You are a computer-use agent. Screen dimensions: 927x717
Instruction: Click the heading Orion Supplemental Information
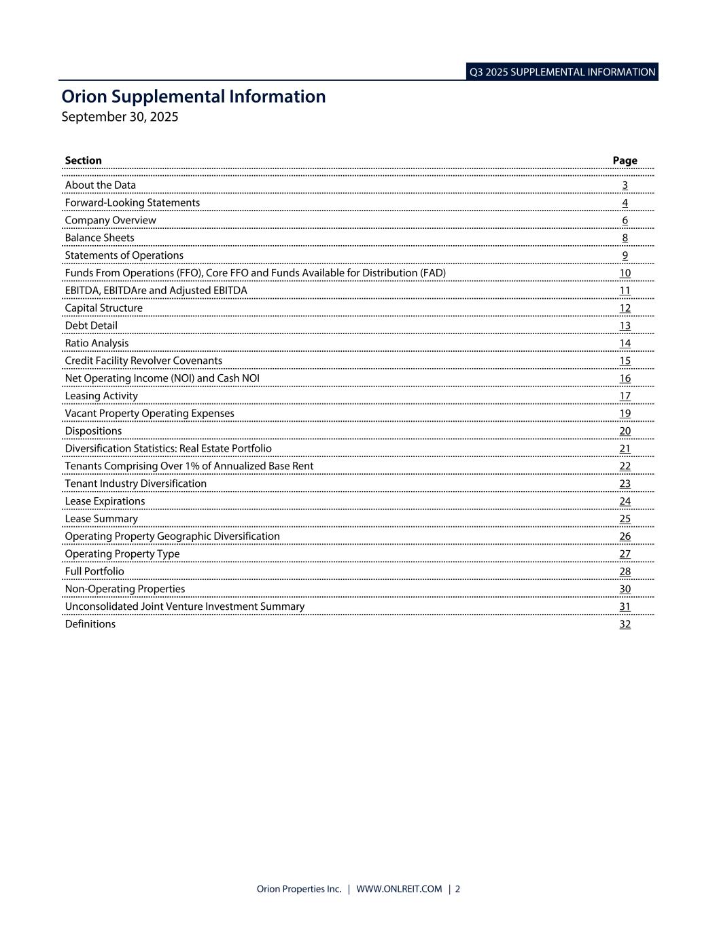(194, 96)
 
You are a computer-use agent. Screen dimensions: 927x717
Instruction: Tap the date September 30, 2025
(120, 117)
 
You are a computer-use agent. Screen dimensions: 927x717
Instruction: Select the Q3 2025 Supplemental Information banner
(562, 72)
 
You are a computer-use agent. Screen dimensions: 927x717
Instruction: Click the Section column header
(83, 161)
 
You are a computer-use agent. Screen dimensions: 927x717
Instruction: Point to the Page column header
(625, 161)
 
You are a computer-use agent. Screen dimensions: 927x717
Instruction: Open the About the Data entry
(101, 185)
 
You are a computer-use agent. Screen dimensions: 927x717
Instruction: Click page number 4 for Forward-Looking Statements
(625, 203)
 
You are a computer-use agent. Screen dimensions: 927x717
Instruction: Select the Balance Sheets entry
(100, 238)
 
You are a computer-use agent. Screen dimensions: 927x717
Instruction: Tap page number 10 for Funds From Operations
(625, 273)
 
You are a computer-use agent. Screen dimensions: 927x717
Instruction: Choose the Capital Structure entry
(104, 308)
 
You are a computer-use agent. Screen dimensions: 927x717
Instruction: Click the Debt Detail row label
(91, 326)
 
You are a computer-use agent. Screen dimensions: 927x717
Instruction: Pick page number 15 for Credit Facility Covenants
(625, 361)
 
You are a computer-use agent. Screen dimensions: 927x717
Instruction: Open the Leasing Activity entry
(101, 396)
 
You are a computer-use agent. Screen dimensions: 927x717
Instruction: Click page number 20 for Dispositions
(625, 431)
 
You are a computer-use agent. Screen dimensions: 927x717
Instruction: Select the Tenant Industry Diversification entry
(136, 484)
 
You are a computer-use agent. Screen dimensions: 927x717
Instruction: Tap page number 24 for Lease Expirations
(625, 502)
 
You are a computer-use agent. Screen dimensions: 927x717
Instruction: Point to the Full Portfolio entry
(94, 572)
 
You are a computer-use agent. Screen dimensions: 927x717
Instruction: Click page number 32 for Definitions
(625, 625)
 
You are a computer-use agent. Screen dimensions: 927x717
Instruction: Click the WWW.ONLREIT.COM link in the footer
(399, 889)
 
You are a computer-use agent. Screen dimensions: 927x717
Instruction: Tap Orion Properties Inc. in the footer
(299, 889)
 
